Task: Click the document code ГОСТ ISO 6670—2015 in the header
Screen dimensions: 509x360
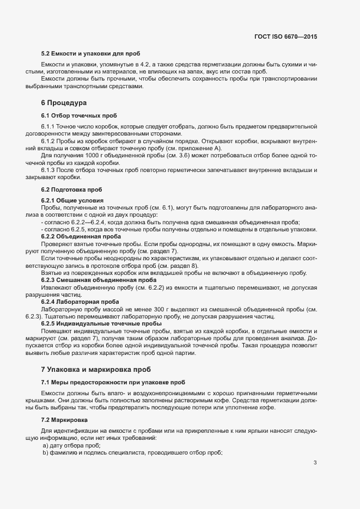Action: tap(285, 36)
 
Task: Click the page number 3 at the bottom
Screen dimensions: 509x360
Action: tap(315, 463)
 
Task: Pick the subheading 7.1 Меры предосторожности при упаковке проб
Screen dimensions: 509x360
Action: tap(113, 382)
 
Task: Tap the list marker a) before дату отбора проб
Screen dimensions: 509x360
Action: tap(46, 446)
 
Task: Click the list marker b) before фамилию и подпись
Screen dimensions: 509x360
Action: tap(46, 453)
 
